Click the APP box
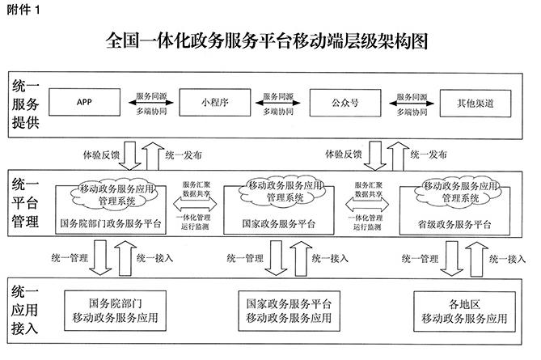tap(85, 102)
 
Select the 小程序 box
tap(215, 103)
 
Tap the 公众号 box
tap(345, 103)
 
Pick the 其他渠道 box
tap(475, 104)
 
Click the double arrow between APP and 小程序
tap(150, 103)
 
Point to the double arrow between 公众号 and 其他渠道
tap(412, 104)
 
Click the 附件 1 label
tap(23, 10)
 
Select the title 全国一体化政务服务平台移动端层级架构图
tap(267, 41)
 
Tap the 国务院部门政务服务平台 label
tap(111, 223)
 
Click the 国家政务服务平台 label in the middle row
tap(279, 223)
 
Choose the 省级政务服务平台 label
tap(454, 225)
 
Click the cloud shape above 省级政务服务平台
tap(461, 193)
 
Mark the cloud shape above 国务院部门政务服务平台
tap(114, 194)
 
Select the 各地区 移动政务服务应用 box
tap(464, 311)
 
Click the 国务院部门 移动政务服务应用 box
tap(116, 311)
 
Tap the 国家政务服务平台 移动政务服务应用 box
tap(290, 311)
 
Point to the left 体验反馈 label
tap(101, 155)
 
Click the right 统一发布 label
tap(429, 155)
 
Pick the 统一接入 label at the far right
tap(507, 259)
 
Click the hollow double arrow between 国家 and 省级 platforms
tap(367, 205)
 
